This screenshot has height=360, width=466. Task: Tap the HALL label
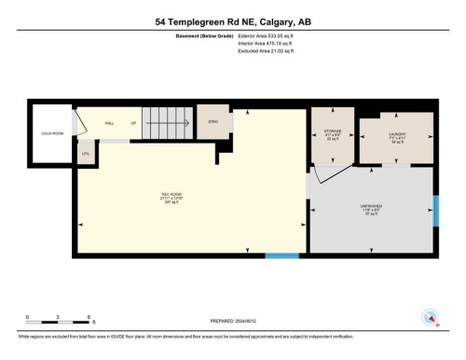tap(108, 123)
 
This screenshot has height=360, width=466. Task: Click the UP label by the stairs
tap(133, 123)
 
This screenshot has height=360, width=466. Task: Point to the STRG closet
tap(212, 121)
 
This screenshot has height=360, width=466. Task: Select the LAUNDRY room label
tap(395, 137)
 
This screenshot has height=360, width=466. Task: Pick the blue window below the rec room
tap(281, 256)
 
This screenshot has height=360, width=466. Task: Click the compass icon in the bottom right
tap(431, 316)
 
